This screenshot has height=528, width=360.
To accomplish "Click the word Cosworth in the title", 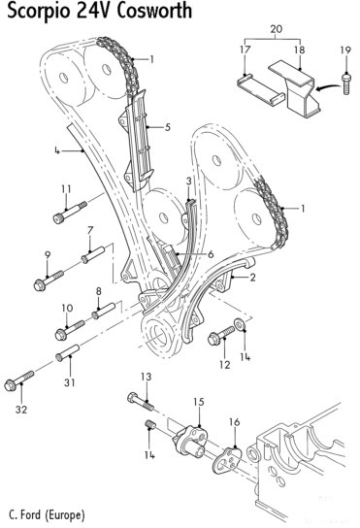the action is coord(154,11).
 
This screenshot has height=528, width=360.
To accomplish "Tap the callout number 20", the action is coord(277,29).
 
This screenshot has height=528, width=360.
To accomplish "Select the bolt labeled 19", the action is coord(345,83).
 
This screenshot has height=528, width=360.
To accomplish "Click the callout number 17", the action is coord(245,49).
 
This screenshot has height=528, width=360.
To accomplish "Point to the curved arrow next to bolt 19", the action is coord(328,87).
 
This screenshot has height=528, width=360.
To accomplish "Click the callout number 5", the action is coord(167,127).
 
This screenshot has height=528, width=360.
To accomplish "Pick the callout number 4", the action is coord(57,150).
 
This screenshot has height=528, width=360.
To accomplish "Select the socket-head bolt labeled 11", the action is coord(70,213).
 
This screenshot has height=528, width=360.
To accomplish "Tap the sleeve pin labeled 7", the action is coord(93,254).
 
